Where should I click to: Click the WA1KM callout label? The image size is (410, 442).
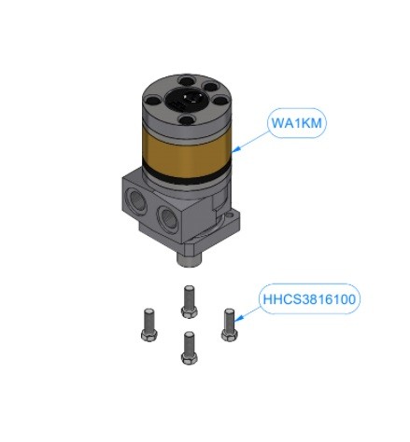click(297, 123)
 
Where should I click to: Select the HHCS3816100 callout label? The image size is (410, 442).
click(309, 299)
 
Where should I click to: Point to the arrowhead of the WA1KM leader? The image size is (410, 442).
click(235, 150)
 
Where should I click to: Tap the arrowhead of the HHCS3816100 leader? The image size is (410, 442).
click(236, 319)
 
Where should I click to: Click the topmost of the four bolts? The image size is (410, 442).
click(189, 301)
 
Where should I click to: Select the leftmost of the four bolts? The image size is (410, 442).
click(148, 325)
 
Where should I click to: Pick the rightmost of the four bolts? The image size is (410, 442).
click(230, 325)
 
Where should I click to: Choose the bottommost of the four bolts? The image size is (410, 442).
click(189, 348)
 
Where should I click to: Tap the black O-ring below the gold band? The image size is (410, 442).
click(187, 178)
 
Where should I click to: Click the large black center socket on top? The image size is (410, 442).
click(186, 99)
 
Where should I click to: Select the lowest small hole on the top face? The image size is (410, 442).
click(186, 118)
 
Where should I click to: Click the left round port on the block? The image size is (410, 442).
click(134, 200)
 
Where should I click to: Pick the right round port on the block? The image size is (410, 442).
click(167, 217)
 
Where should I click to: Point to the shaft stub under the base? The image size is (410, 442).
click(189, 258)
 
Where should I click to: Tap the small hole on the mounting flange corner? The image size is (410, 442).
click(231, 214)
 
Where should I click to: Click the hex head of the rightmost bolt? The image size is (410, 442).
click(230, 335)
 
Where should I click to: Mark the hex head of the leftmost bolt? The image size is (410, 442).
click(148, 336)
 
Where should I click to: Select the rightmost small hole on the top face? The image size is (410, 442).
click(220, 101)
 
